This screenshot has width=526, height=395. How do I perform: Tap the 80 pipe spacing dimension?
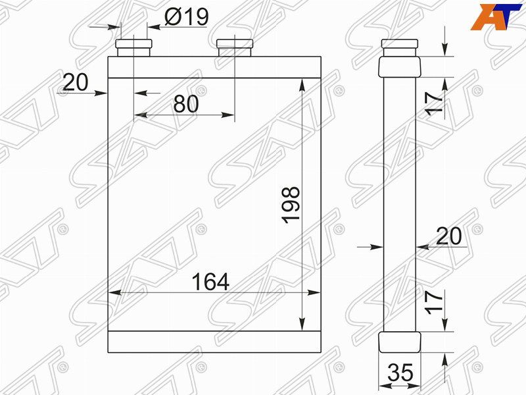[186, 103]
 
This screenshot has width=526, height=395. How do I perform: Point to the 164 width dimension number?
[210, 282]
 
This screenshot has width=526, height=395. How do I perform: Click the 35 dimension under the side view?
[400, 373]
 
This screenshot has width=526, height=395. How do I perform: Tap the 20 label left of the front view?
[76, 82]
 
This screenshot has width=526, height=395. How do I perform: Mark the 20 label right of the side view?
[448, 236]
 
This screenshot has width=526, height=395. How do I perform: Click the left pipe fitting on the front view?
[134, 47]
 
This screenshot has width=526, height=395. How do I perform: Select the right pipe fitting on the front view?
[234, 47]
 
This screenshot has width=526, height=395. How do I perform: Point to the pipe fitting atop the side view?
[400, 47]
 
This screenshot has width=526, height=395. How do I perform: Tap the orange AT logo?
[492, 16]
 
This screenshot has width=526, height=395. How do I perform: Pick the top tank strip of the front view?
[214, 67]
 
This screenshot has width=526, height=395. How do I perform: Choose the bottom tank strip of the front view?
[214, 340]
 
